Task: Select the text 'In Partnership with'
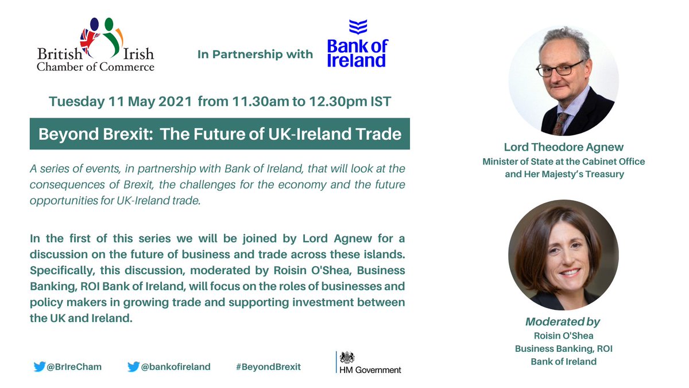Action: click(255, 55)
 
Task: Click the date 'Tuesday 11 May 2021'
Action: click(121, 102)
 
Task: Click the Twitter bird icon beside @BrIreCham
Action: click(40, 366)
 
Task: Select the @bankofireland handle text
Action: click(176, 367)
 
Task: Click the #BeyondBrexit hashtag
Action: click(268, 367)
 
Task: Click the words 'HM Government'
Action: click(371, 370)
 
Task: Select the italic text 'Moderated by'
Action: click(563, 322)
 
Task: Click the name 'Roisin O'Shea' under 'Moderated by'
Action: click(563, 336)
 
